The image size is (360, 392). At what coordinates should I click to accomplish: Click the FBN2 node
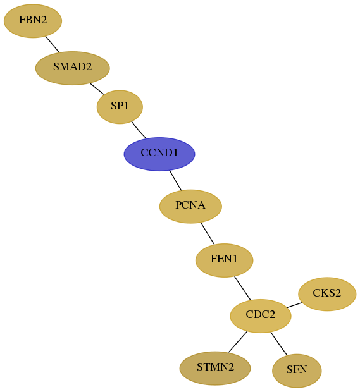point(33,21)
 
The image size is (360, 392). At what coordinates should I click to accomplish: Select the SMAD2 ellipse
point(73,68)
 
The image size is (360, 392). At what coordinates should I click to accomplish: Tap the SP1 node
point(120,107)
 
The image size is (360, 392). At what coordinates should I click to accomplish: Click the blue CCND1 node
point(159,154)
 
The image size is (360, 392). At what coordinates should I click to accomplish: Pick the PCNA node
point(190,206)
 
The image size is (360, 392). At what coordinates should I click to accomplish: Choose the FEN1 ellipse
point(225,260)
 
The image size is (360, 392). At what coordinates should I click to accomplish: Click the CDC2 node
point(261,315)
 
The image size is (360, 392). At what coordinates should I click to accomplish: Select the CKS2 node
point(327,294)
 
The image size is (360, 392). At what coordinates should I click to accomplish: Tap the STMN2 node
point(215,368)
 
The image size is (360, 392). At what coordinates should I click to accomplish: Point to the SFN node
point(297,371)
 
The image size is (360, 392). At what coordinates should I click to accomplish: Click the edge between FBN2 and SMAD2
point(53,44)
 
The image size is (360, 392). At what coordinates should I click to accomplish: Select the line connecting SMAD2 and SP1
point(97,89)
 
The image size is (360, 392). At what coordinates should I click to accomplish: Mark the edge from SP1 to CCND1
point(139,130)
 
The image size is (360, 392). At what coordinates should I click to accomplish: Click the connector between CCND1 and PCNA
point(175,180)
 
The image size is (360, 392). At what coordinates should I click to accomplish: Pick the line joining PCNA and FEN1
point(208,233)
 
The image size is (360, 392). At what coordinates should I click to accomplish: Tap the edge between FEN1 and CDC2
point(242,288)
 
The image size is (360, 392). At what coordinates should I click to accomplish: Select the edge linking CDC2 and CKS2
point(294,305)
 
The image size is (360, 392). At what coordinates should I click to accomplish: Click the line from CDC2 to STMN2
point(238,342)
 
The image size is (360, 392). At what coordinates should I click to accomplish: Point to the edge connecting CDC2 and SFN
point(278,343)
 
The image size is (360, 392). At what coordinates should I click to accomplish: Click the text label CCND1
point(159,153)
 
